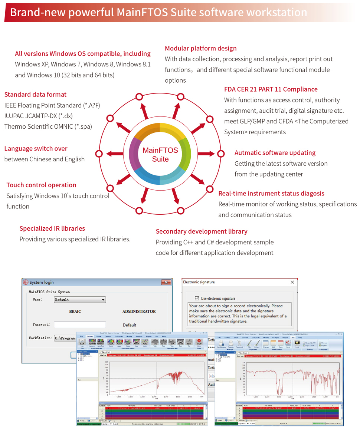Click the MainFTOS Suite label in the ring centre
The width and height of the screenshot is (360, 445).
160,155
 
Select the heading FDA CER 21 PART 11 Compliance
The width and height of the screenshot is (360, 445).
271,89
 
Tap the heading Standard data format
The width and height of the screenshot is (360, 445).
36,95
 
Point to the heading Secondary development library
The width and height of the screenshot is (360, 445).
202,231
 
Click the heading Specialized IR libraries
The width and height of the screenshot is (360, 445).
52,228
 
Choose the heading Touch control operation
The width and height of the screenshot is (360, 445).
41,185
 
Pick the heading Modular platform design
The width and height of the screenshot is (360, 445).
200,48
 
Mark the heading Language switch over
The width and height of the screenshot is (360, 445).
36,149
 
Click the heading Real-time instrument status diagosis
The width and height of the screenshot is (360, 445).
271,193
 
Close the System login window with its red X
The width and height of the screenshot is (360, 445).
166,282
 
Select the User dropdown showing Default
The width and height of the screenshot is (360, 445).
80,300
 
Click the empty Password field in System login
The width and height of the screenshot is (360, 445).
80,324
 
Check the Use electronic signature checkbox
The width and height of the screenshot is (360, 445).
197,298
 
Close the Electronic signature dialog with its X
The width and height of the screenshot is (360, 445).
292,282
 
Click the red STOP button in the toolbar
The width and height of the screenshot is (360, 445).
199,342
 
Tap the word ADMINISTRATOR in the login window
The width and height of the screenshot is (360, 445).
139,311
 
